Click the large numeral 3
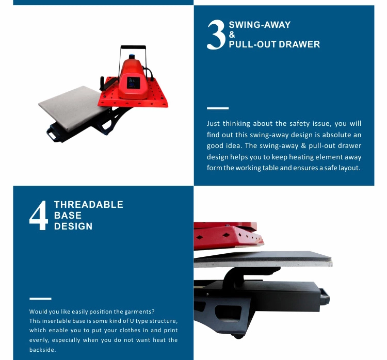[216, 35]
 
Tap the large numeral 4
[39, 216]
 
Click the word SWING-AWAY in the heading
[260, 25]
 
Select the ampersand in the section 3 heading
[232, 35]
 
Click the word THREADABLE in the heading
[89, 205]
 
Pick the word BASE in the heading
[68, 216]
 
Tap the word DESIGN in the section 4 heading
[73, 226]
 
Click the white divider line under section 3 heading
[218, 108]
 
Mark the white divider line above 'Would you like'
[40, 299]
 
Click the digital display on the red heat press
[133, 83]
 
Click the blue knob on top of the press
[132, 57]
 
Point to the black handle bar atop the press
[133, 47]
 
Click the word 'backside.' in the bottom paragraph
[42, 350]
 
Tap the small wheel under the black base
[238, 336]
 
